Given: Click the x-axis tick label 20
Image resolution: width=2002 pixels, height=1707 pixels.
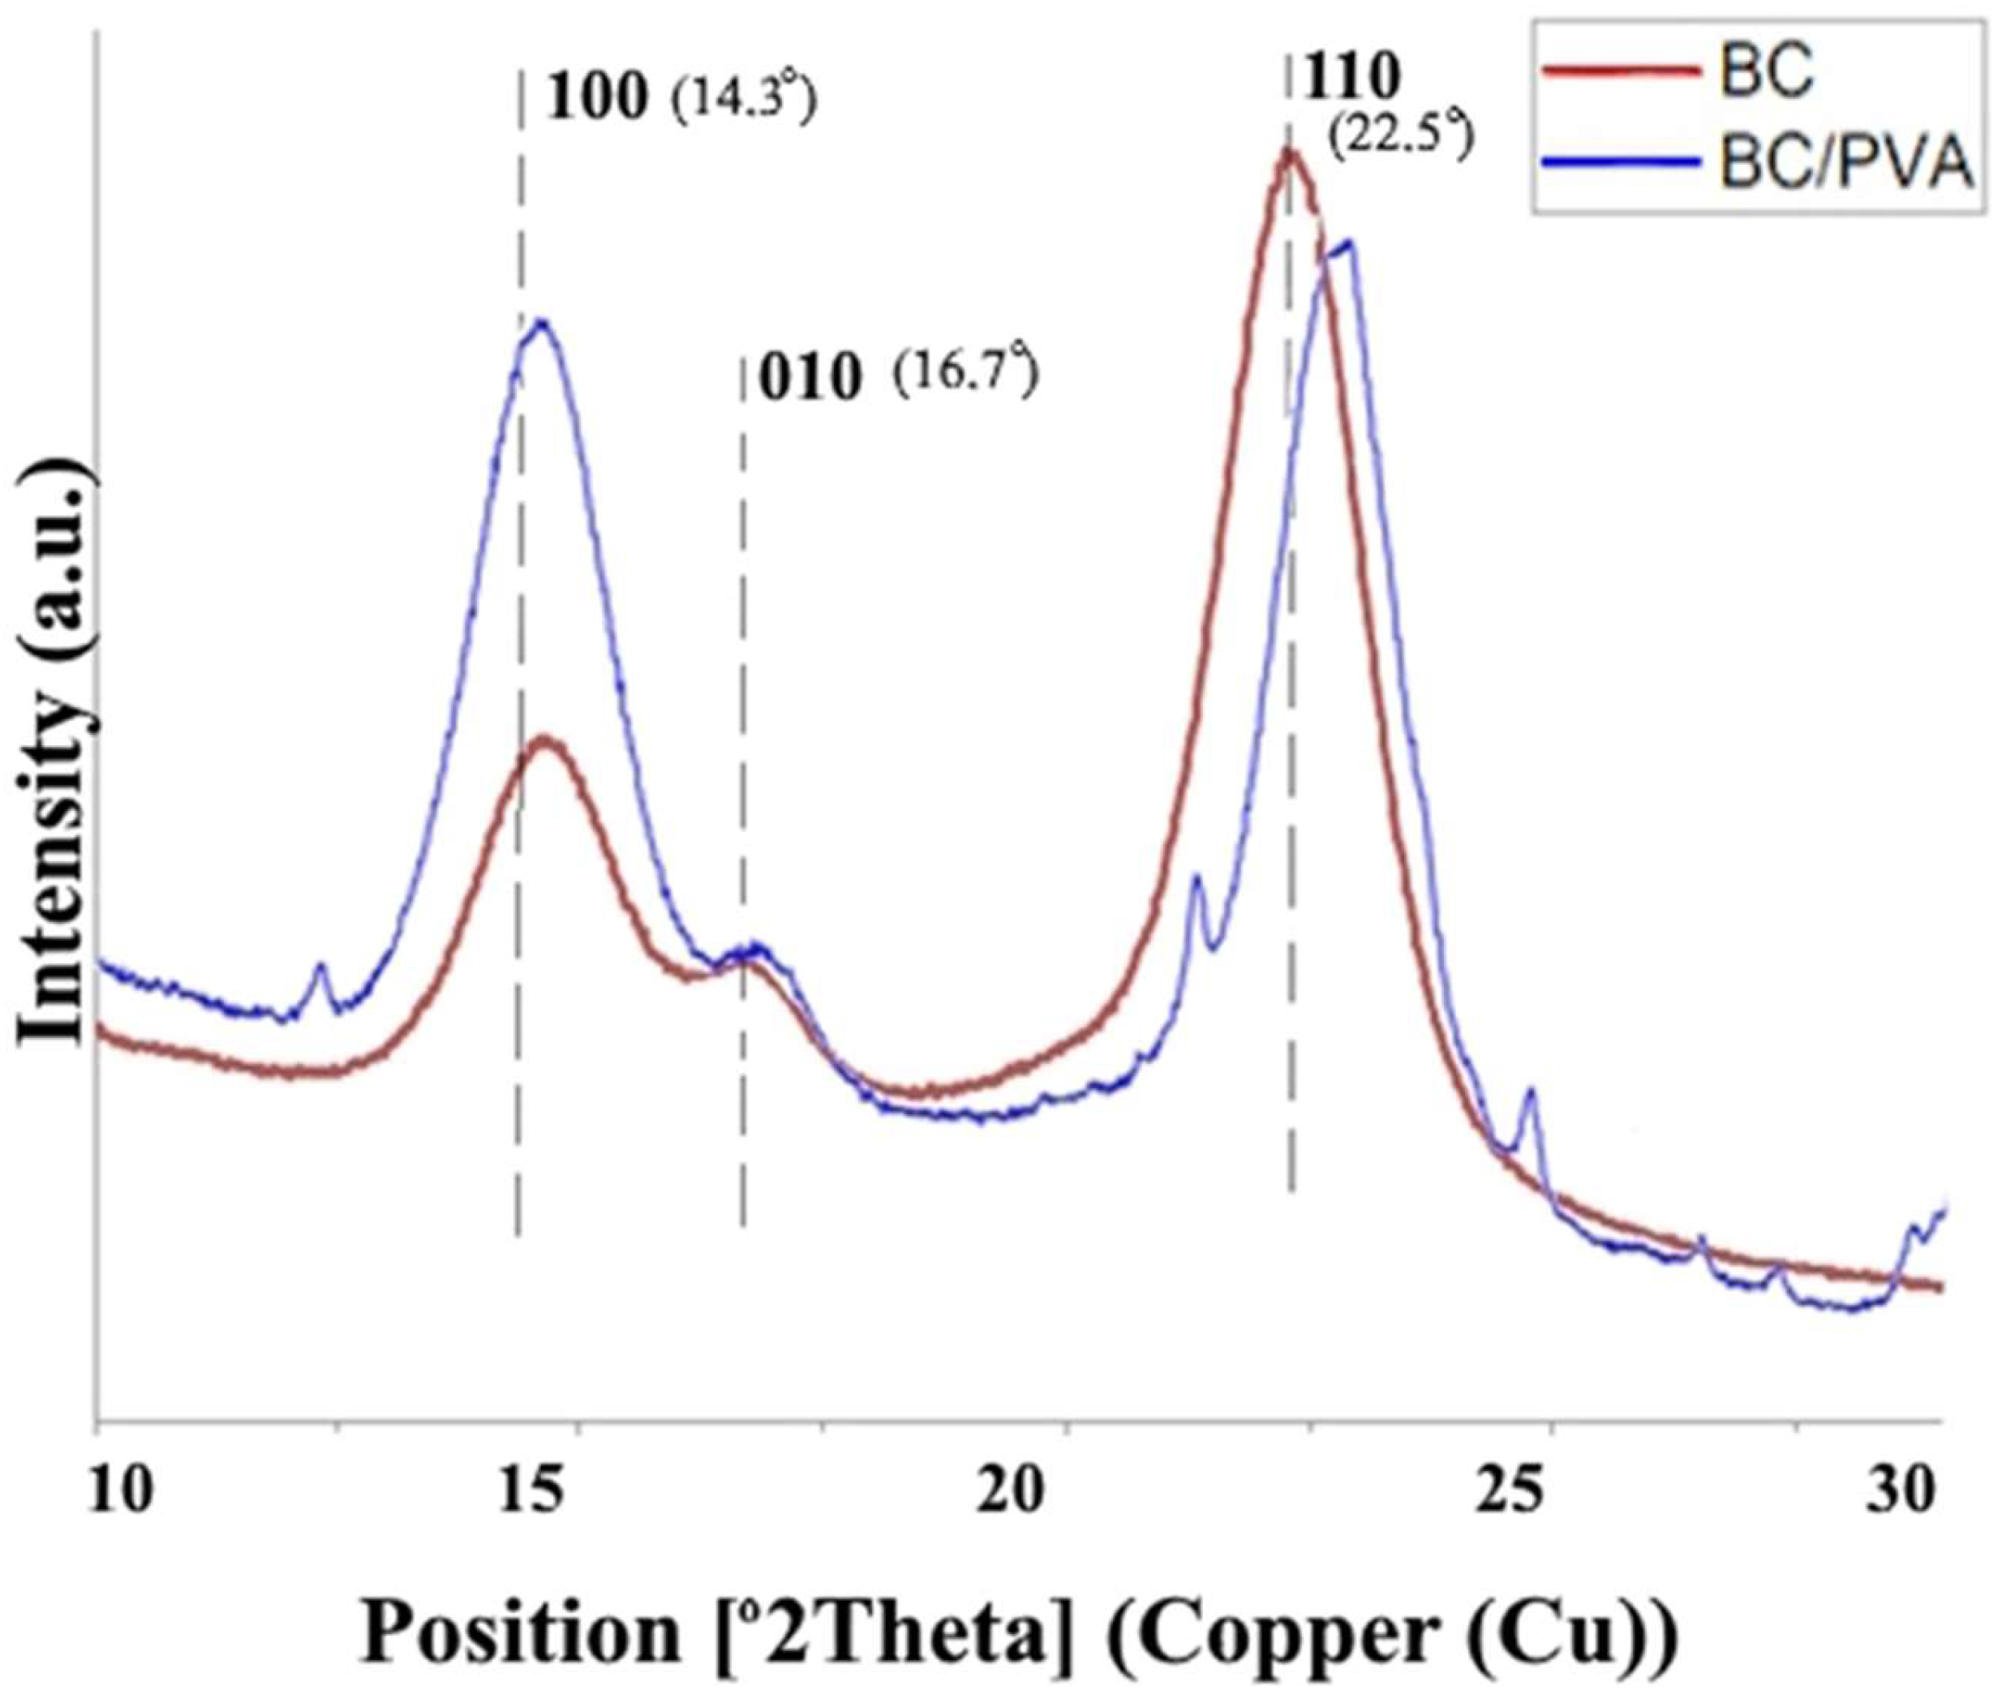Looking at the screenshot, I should pyautogui.click(x=1012, y=1490).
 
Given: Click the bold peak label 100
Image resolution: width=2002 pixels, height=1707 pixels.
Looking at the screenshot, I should pyautogui.click(x=596, y=97).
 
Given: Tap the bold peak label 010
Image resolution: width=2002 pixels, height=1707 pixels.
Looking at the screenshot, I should pyautogui.click(x=809, y=379).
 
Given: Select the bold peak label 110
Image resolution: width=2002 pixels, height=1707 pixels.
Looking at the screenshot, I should pyautogui.click(x=1353, y=77).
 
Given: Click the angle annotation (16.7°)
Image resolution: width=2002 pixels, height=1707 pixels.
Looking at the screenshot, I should pyautogui.click(x=965, y=375).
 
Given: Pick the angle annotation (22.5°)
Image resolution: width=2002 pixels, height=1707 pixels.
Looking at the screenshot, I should pyautogui.click(x=1400, y=141).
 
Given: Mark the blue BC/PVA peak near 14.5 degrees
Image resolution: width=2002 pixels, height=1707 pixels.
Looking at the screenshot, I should pyautogui.click(x=540, y=323).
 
